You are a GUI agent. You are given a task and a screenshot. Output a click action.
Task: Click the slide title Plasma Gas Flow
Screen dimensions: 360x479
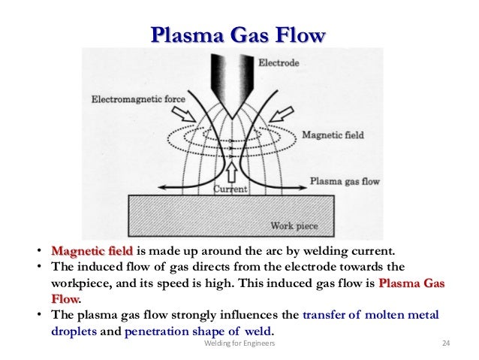click(x=239, y=35)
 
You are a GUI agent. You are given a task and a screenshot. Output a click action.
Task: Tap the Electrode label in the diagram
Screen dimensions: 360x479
click(x=279, y=63)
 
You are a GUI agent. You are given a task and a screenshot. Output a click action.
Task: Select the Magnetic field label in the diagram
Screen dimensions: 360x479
click(x=333, y=135)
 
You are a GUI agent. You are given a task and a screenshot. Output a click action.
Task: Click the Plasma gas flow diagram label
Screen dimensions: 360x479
click(x=344, y=181)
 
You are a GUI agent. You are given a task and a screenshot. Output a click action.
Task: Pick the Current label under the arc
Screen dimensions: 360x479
click(x=230, y=189)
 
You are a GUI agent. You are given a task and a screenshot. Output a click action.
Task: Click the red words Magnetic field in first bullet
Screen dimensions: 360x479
click(x=92, y=251)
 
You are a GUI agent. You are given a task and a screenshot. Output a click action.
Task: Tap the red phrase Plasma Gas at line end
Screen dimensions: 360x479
click(x=412, y=284)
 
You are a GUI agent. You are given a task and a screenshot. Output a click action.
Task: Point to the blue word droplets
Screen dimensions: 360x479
click(x=74, y=330)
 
